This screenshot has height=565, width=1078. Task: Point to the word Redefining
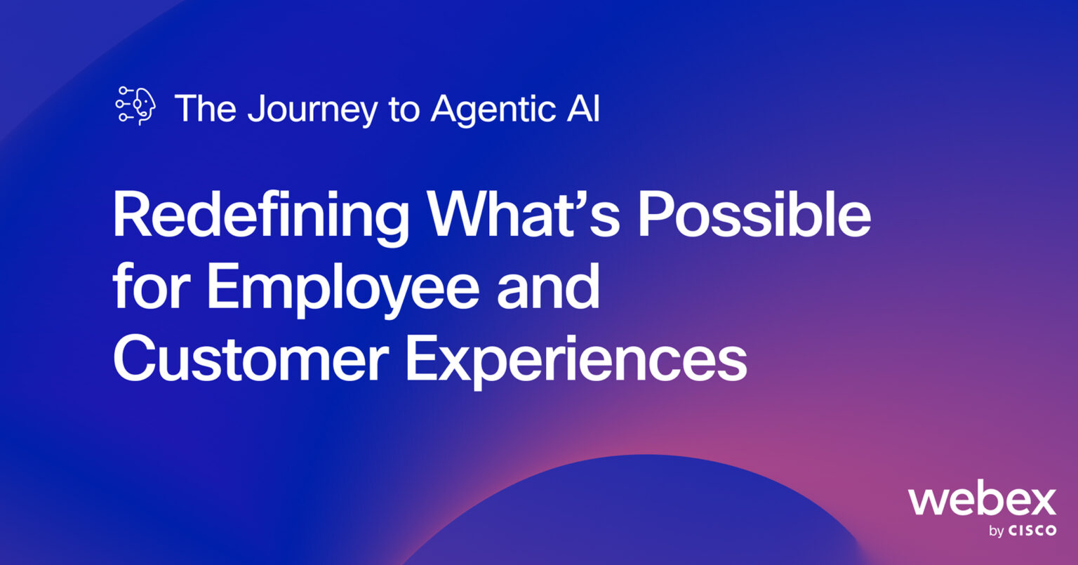point(260,216)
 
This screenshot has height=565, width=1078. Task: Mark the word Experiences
point(576,359)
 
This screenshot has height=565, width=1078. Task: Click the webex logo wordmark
point(982,500)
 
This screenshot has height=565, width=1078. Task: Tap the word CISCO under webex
point(1032,531)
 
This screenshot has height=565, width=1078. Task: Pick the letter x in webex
point(1040,501)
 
